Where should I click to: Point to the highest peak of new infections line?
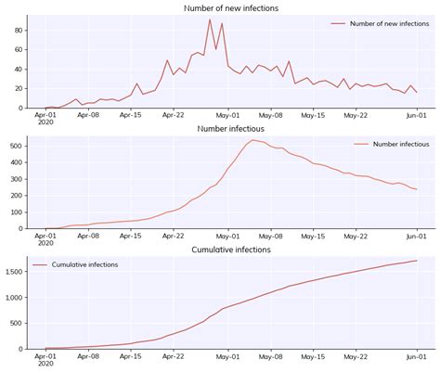pos(210,19)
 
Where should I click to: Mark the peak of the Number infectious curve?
pos(252,140)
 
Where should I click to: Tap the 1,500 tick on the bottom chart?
pos(12,272)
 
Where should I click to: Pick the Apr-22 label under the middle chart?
pos(174,237)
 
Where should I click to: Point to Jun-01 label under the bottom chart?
pos(417,357)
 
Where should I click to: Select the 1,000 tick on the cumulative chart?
pos(12,298)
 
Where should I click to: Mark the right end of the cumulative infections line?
pos(417,261)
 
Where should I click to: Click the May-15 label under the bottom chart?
pos(316,357)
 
